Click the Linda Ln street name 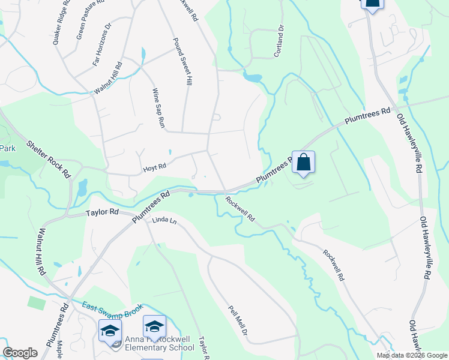click(164, 221)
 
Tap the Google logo click(20, 353)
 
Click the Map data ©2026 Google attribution click(412, 355)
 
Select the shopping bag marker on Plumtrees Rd click(304, 162)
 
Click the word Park click(7, 148)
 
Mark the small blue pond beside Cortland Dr click(253, 77)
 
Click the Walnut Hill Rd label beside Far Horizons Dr click(107, 79)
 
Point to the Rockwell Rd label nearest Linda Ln click(240, 208)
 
